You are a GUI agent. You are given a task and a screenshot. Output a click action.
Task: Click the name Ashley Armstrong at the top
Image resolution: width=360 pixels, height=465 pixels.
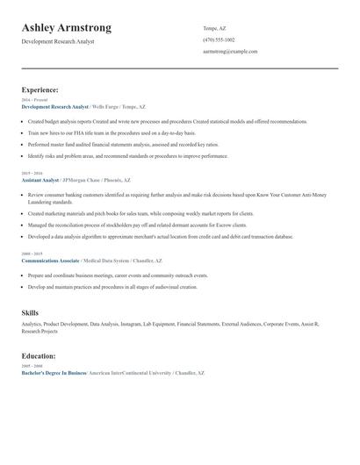pyautogui.click(x=67, y=28)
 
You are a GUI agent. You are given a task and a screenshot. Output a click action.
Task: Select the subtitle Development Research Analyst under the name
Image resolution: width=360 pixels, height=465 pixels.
pyautogui.click(x=58, y=41)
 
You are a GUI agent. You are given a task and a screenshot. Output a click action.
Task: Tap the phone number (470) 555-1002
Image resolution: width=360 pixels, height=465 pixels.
pyautogui.click(x=219, y=39)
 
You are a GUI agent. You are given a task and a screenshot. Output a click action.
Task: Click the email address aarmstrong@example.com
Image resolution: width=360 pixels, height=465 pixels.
pyautogui.click(x=230, y=52)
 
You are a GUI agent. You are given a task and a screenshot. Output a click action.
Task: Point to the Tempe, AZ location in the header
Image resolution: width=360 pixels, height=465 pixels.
pyautogui.click(x=215, y=28)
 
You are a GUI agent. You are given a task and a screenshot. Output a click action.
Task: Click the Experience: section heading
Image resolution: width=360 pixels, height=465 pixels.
pyautogui.click(x=40, y=89)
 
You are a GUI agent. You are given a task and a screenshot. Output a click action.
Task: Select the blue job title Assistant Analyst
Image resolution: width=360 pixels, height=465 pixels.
pyautogui.click(x=40, y=180)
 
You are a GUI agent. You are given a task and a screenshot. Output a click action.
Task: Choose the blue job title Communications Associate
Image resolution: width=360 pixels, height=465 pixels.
pyautogui.click(x=50, y=261)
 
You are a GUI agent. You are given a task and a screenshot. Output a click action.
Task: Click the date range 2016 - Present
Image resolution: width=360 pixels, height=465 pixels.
pyautogui.click(x=35, y=100)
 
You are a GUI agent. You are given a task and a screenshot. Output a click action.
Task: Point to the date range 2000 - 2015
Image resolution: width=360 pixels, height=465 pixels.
pyautogui.click(x=32, y=254)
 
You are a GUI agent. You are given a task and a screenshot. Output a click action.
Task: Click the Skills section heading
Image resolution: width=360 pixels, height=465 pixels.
pyautogui.click(x=30, y=312)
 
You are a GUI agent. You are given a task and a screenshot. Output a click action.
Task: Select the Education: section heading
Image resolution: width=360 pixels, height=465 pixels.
pyautogui.click(x=39, y=356)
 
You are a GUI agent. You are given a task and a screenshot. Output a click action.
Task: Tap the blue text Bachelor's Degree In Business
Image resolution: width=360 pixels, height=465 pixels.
pyautogui.click(x=54, y=373)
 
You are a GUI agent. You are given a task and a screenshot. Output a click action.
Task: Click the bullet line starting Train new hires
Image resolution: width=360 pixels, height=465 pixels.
pyautogui.click(x=112, y=132)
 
